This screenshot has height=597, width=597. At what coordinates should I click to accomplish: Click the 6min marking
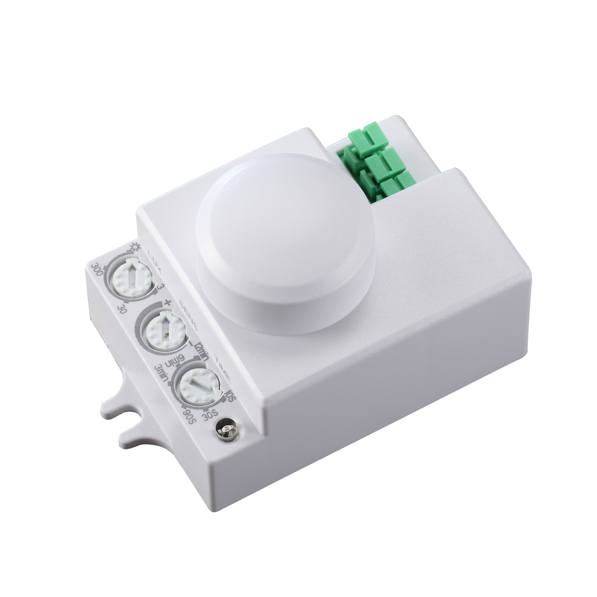click(175, 360)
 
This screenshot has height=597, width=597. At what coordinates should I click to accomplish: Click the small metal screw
click(226, 429)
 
